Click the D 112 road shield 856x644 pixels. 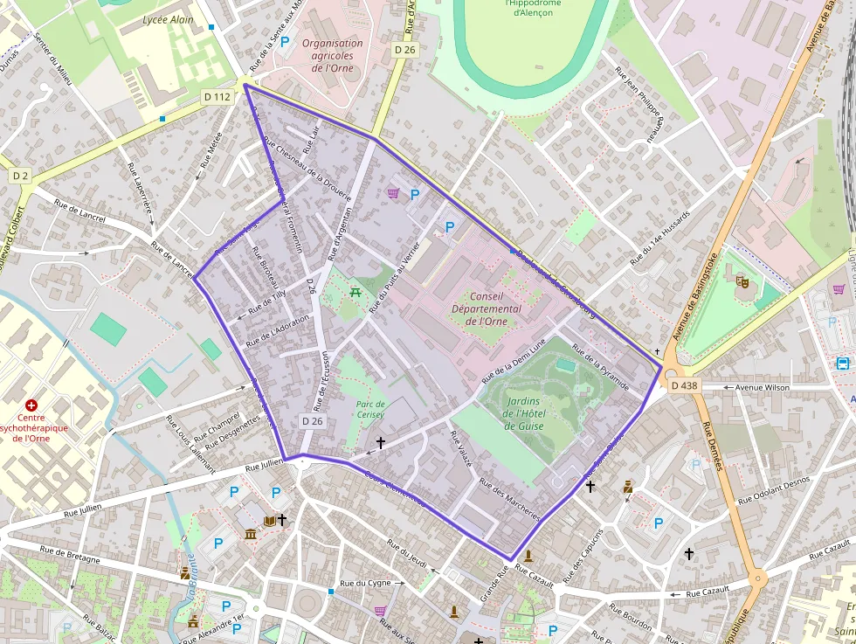[x=217, y=97]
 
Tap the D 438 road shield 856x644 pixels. [x=684, y=385]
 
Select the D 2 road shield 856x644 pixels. [x=20, y=176]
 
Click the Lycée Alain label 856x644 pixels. [x=168, y=19]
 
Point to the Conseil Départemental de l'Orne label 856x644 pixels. [x=487, y=308]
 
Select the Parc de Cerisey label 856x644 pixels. [x=370, y=410]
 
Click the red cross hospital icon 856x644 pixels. [x=32, y=405]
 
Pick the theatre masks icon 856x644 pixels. [x=742, y=281]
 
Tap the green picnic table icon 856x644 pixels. [x=355, y=291]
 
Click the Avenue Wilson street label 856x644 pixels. [x=739, y=386]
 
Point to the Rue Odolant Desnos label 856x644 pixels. [x=774, y=490]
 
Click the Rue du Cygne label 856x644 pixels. [x=366, y=583]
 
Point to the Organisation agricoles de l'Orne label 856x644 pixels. [x=332, y=55]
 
